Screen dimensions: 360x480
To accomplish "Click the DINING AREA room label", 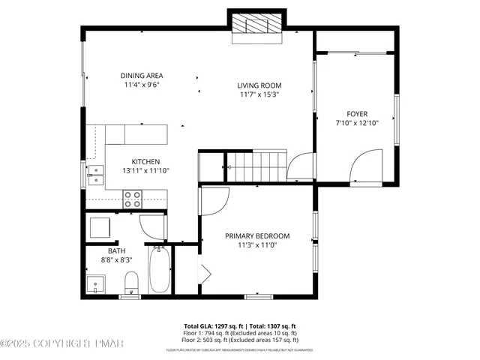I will pyautogui.click(x=142, y=76).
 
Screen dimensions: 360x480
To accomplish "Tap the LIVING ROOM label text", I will pyautogui.click(x=260, y=85).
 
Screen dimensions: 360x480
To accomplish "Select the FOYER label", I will pyautogui.click(x=357, y=114).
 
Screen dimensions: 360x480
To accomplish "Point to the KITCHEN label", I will pyautogui.click(x=145, y=161).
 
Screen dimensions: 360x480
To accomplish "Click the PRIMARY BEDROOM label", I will pyautogui.click(x=257, y=236).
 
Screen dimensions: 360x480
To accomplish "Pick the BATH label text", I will pyautogui.click(x=116, y=251).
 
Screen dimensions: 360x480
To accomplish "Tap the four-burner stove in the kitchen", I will pyautogui.click(x=132, y=199).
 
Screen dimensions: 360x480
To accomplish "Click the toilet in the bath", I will pyautogui.click(x=131, y=283).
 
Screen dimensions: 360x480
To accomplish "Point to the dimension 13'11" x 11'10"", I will pyautogui.click(x=145, y=170).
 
